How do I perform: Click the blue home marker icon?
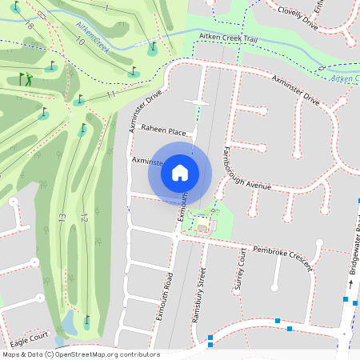coord(180,172)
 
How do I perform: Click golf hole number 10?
coord(78,40)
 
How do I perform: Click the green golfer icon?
coord(26,78)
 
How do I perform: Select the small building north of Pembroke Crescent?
coord(202,226)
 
